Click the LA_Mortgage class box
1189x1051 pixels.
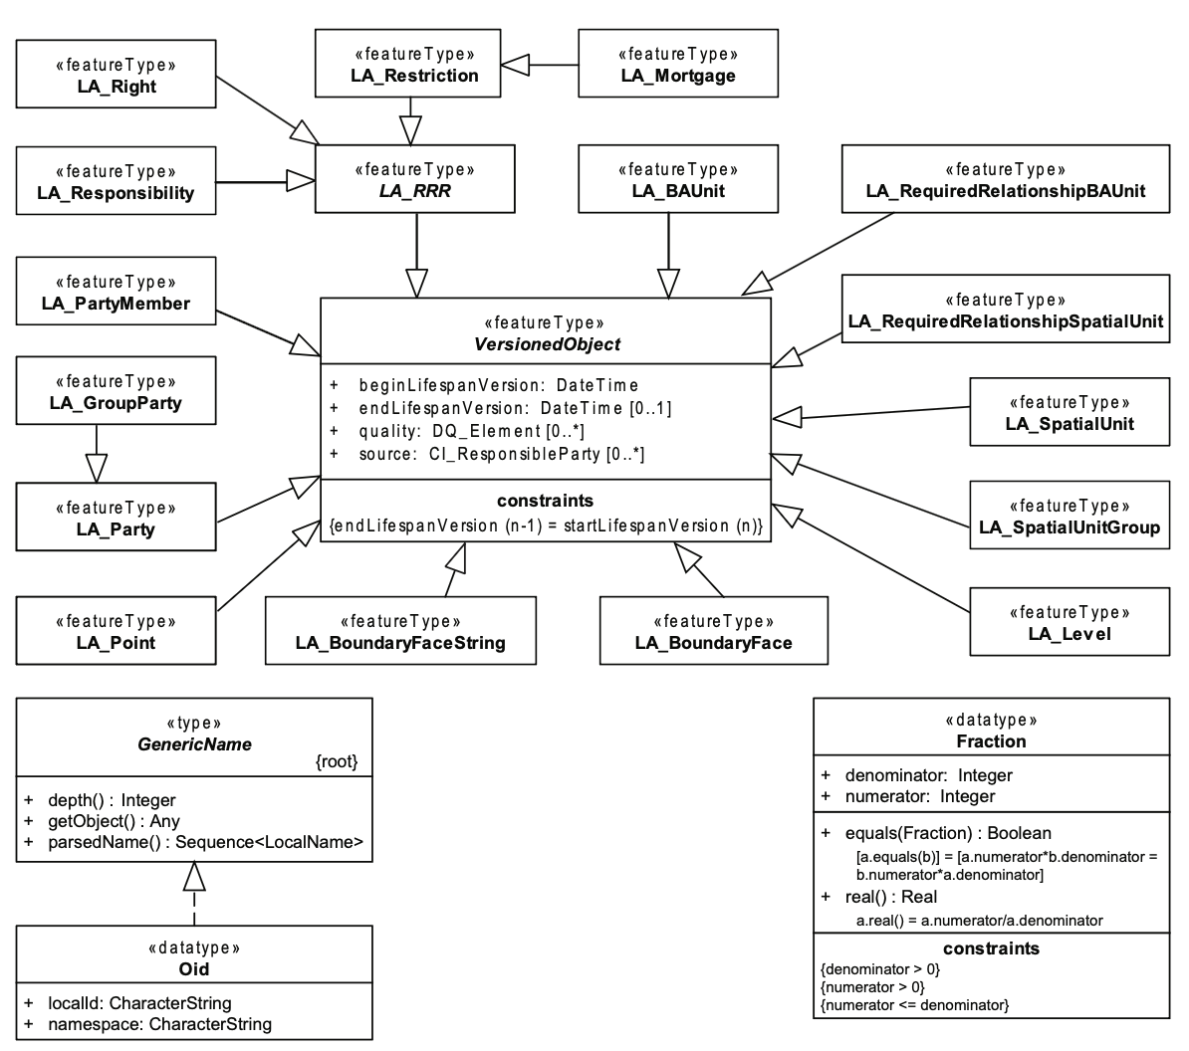coord(678,64)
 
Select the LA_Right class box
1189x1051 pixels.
coord(117,75)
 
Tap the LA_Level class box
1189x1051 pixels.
coord(1070,621)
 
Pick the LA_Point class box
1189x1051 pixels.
coord(117,630)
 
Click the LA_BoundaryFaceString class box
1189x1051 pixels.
coord(400,630)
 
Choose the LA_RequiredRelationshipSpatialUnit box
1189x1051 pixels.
coord(1006,310)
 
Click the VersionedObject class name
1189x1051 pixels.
coord(547,344)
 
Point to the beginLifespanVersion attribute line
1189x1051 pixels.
coord(484,385)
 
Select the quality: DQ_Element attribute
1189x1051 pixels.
coord(456,431)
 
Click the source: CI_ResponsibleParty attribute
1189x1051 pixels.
coord(487,454)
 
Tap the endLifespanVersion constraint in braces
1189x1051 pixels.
coord(546,525)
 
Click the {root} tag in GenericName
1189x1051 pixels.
coord(337,760)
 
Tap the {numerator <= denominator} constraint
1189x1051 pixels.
coord(914,1005)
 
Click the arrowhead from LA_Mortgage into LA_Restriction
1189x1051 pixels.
coord(515,65)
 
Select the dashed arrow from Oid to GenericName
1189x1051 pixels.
coord(194,894)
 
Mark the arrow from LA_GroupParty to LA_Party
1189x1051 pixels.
coord(97,453)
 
